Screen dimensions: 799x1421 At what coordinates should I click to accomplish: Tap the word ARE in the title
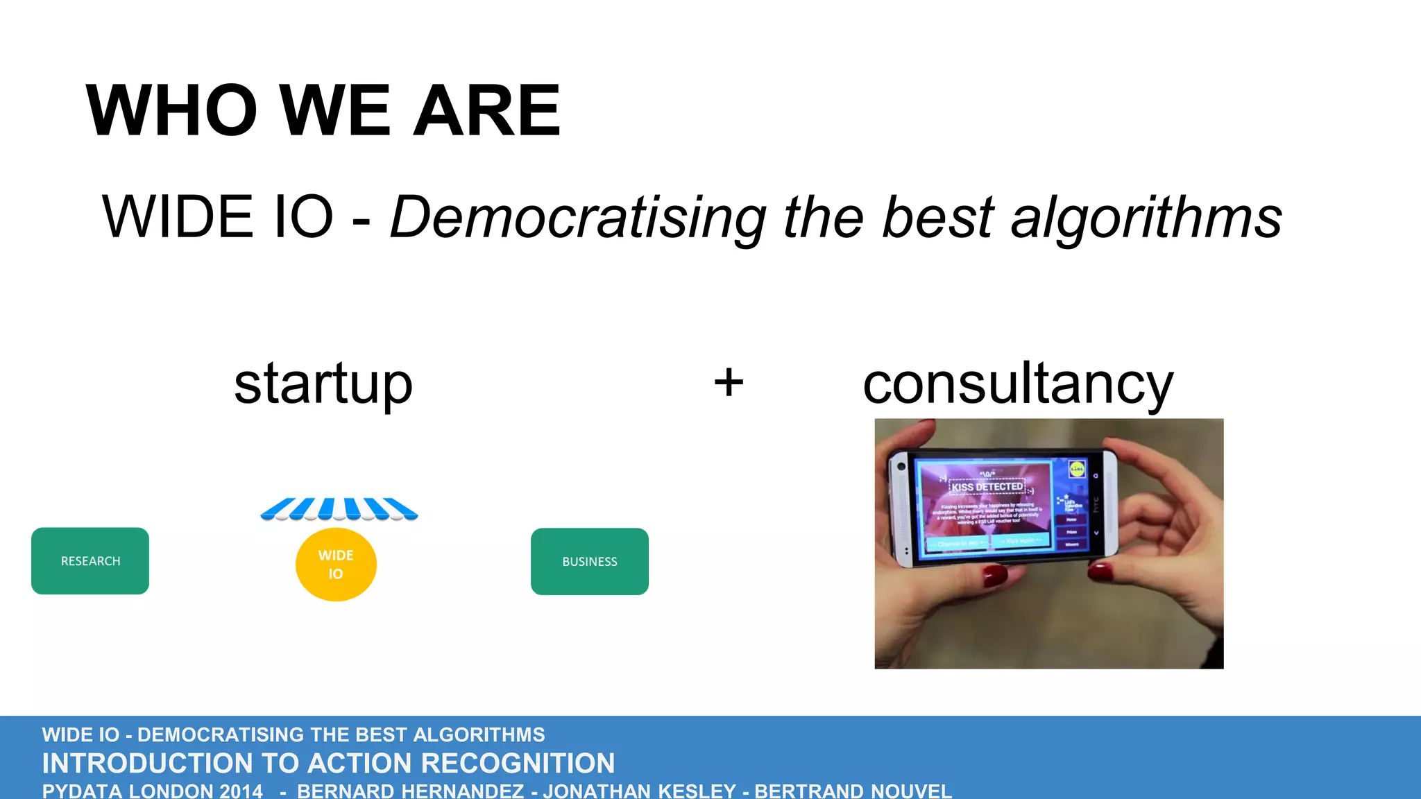486,111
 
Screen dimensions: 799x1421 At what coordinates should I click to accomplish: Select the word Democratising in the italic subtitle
578,218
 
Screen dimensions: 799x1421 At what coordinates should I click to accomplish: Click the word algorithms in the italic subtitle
1146,218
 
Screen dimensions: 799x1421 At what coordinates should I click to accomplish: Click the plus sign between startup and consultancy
729,382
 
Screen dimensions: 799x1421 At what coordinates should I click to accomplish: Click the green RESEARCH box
90,561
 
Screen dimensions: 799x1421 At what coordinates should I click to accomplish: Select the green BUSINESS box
590,562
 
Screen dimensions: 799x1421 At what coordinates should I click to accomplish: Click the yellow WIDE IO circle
336,565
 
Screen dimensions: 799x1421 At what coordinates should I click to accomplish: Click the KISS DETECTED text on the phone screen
987,487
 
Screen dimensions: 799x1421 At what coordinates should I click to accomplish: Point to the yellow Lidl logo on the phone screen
1077,470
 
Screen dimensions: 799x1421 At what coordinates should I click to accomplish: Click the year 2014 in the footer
241,791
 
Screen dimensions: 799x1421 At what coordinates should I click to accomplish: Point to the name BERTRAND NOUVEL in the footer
853,791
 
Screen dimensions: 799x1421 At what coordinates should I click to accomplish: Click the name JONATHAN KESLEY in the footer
639,791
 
